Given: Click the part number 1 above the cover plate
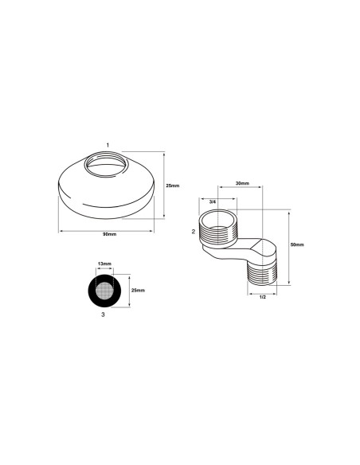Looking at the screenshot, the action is (108, 145).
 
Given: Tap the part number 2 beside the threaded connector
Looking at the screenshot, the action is (194, 232).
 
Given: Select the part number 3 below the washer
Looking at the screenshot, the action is (103, 315).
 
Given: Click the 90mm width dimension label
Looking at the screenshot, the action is (109, 234).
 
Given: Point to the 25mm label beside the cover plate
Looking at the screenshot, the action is (173, 186).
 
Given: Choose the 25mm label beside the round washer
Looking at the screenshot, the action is (139, 291).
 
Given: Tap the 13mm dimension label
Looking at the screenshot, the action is (104, 264).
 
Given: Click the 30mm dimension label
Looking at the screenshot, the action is (242, 183).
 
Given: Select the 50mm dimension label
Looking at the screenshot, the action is (297, 244).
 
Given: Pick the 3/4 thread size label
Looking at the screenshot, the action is (213, 202).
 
